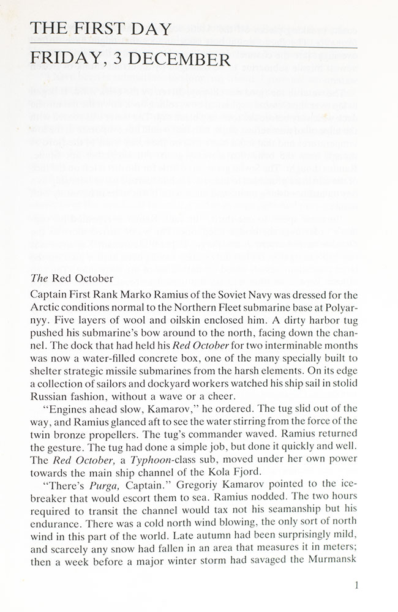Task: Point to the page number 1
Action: coord(356,585)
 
